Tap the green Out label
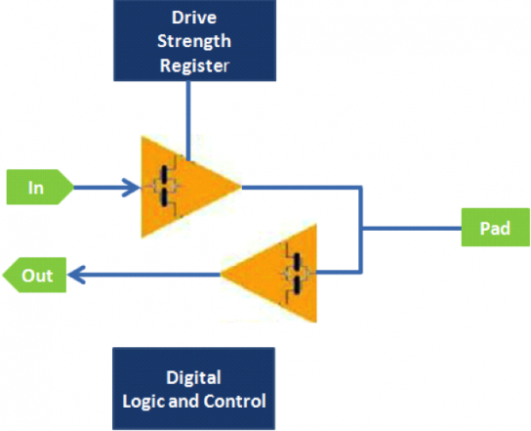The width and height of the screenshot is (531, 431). pos(36,277)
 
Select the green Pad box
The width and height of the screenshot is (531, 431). pos(495,230)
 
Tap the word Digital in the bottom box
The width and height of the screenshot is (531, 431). pos(193,377)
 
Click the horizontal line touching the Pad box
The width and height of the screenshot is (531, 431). pos(410,230)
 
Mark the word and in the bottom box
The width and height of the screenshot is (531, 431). pos(187,401)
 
